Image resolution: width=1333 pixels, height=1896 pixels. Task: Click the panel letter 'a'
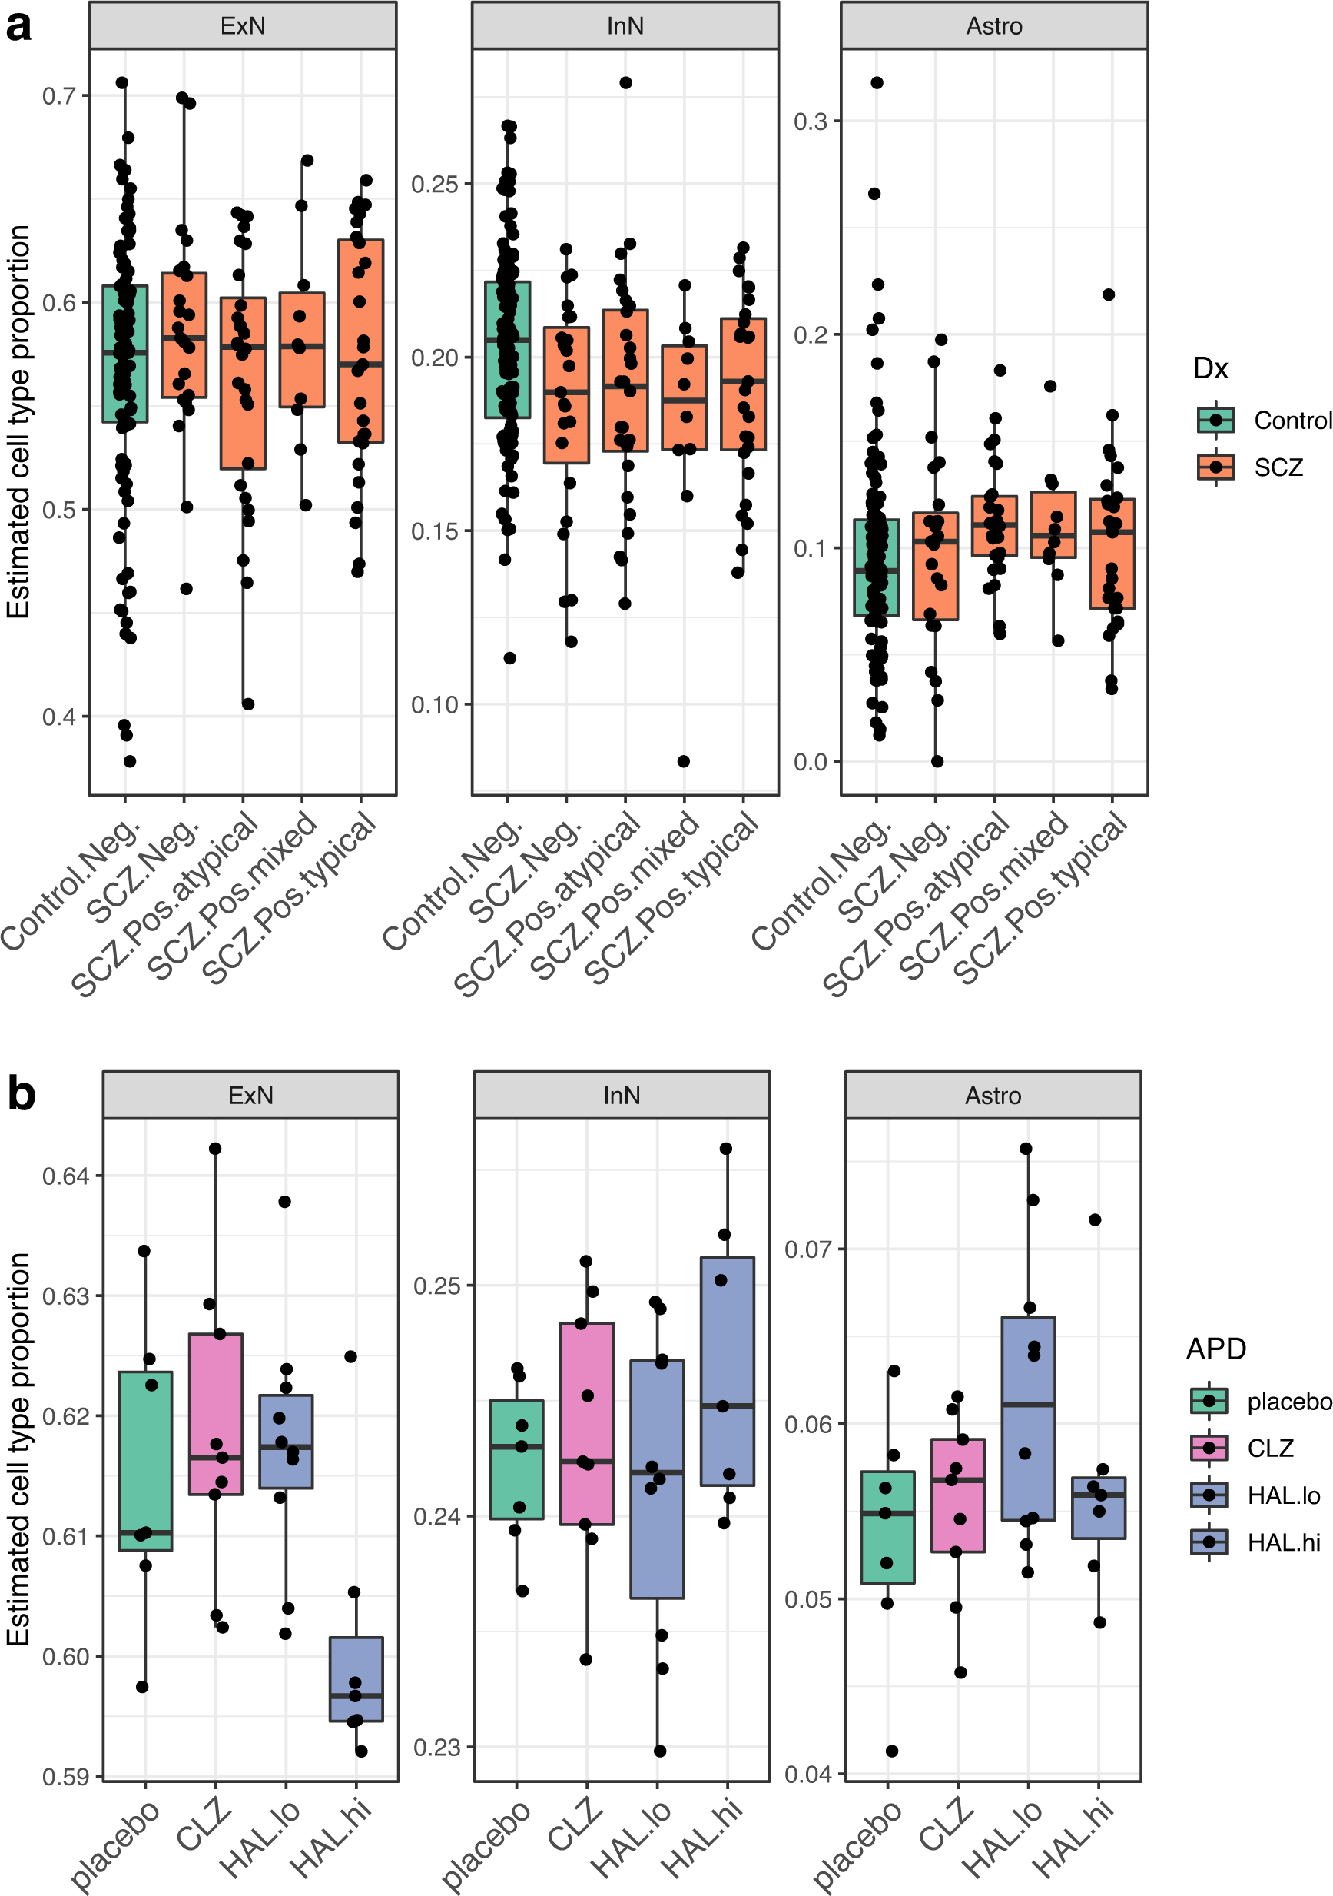coord(18,26)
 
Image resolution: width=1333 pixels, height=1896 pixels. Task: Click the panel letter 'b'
coord(21,1095)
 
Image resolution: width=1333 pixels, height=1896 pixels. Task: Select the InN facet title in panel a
coord(625,26)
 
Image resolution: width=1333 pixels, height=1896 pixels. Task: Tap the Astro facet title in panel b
coord(993,1096)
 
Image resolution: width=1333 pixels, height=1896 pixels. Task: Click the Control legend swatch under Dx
coord(1215,421)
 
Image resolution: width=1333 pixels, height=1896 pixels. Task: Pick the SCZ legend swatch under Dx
coord(1215,467)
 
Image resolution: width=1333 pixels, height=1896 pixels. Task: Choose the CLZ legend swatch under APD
coord(1209,1448)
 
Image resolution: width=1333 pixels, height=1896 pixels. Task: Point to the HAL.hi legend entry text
coord(1284,1542)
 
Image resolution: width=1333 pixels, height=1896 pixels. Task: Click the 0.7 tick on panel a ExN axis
coord(58,96)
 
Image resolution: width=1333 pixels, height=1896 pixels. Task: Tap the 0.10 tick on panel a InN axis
coord(434,705)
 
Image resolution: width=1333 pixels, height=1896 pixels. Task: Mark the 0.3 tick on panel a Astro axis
coord(810,121)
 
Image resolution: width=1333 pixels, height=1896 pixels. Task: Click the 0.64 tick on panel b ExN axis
coord(65,1176)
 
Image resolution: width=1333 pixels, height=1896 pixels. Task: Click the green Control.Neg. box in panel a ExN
coord(124,354)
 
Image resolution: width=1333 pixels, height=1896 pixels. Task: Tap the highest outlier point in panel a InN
coord(625,82)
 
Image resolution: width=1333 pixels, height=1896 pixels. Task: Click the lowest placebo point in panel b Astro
coord(891,1751)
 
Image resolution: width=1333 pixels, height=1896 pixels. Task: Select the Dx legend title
coord(1210,368)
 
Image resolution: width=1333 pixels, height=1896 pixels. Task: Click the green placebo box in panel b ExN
coord(145,1461)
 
